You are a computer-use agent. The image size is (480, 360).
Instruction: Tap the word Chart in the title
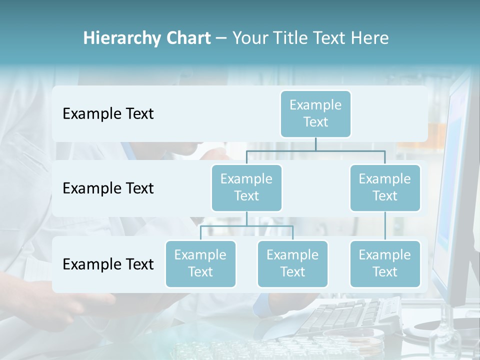[188, 38]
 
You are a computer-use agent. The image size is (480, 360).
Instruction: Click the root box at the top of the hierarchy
[315, 114]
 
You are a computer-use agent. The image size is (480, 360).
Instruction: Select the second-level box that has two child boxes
[246, 188]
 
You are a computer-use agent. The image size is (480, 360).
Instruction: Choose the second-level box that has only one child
[385, 188]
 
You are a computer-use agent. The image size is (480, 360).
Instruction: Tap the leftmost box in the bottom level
[200, 264]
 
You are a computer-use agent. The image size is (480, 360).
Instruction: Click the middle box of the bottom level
[292, 264]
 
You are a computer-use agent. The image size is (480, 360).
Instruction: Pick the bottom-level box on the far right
[385, 264]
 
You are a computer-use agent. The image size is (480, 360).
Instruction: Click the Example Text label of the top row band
[108, 114]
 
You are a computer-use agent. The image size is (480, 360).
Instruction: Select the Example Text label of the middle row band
[108, 188]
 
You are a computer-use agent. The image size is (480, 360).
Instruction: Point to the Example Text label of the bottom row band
[108, 264]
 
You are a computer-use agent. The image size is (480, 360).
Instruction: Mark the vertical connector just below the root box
[315, 144]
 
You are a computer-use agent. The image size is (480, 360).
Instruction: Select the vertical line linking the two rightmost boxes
[385, 226]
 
